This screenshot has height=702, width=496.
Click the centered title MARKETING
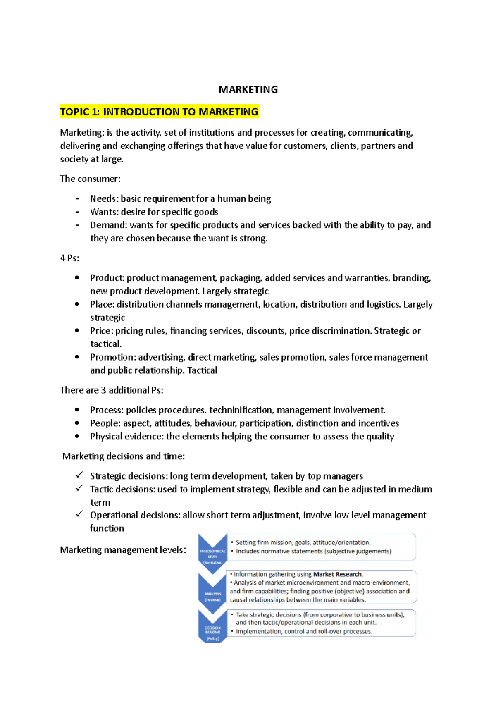[x=248, y=90]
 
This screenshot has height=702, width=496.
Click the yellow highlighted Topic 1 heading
[x=159, y=112]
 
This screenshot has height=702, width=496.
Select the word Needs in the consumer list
[x=103, y=199]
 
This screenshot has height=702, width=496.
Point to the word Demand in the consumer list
[x=108, y=225]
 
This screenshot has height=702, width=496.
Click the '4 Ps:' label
[x=69, y=258]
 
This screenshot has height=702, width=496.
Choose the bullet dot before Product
[x=77, y=278]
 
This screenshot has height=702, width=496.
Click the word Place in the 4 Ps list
[x=102, y=305]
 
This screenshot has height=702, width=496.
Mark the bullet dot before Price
[x=77, y=331]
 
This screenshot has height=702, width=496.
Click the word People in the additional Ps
[x=105, y=423]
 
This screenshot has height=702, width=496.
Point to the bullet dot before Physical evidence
[x=77, y=436]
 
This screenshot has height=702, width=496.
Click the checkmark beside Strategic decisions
[x=79, y=475]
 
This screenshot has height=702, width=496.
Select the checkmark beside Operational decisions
[x=79, y=514]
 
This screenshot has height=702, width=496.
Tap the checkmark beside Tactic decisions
[x=79, y=488]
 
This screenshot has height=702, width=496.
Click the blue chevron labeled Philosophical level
[x=212, y=553]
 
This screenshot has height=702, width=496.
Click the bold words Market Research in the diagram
[x=337, y=574]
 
